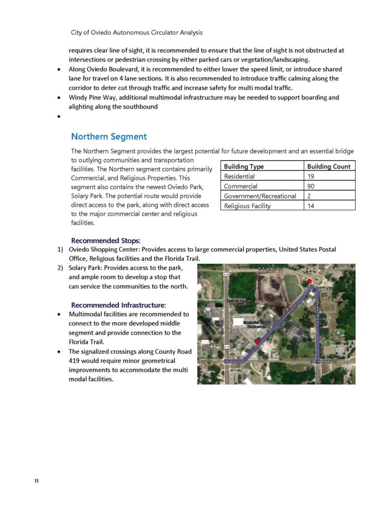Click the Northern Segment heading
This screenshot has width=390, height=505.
[109, 137]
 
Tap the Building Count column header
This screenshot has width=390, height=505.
[328, 167]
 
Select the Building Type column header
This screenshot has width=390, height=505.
[244, 167]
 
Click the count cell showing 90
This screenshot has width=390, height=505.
[311, 186]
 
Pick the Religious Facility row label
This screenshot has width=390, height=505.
[247, 206]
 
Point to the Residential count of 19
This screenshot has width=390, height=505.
[311, 177]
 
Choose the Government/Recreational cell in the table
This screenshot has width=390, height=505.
[260, 196]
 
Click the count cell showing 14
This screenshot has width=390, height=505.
[311, 206]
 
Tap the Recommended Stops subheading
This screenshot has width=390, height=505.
[106, 241]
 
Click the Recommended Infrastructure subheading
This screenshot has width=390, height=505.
[118, 305]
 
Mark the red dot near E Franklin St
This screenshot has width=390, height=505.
[310, 281]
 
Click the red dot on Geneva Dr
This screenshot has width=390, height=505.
[257, 341]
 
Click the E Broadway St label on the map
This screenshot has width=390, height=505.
[323, 361]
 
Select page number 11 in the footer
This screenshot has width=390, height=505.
[36, 481]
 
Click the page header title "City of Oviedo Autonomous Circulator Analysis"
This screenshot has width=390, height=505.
[137, 33]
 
